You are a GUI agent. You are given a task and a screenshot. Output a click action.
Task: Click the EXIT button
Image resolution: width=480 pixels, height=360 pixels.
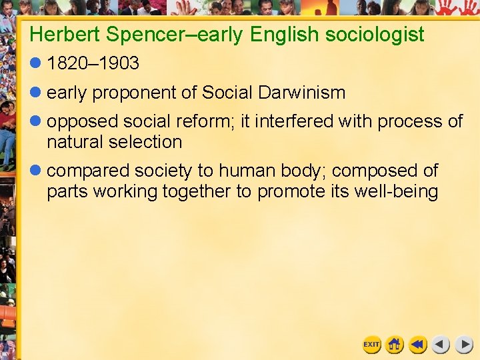(371, 345)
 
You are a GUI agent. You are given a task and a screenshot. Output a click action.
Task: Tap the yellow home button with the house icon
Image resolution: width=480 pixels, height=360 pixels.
(395, 345)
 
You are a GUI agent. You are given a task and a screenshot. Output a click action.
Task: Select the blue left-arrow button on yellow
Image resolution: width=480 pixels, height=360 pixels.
(418, 345)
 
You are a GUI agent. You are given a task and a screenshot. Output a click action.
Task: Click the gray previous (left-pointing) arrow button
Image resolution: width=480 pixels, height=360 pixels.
(441, 345)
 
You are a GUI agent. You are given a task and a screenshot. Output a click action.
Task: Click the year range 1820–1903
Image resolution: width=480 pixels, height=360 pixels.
(93, 64)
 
